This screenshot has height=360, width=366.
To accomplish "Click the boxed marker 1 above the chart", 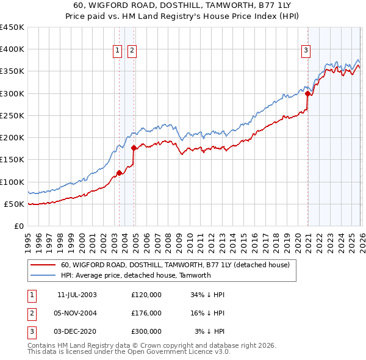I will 117,51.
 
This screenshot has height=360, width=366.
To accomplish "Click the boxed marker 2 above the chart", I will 132,51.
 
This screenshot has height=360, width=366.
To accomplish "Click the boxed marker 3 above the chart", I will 306,51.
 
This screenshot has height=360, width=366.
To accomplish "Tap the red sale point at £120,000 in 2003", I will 119,173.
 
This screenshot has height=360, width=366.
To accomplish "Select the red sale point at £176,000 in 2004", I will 134,148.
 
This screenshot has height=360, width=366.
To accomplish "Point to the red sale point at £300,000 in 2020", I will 307,93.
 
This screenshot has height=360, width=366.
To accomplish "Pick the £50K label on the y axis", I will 14,204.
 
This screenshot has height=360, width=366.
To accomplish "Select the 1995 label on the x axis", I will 28,239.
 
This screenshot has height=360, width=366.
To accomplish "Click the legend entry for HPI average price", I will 135,275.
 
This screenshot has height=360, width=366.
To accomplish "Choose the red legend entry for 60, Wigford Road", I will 179,265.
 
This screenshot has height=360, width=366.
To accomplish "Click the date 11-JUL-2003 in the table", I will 77,295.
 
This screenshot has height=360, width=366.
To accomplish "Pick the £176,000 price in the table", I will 146,313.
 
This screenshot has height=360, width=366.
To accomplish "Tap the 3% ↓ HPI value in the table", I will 210,331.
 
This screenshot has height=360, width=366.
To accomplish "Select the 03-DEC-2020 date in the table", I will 76,331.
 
